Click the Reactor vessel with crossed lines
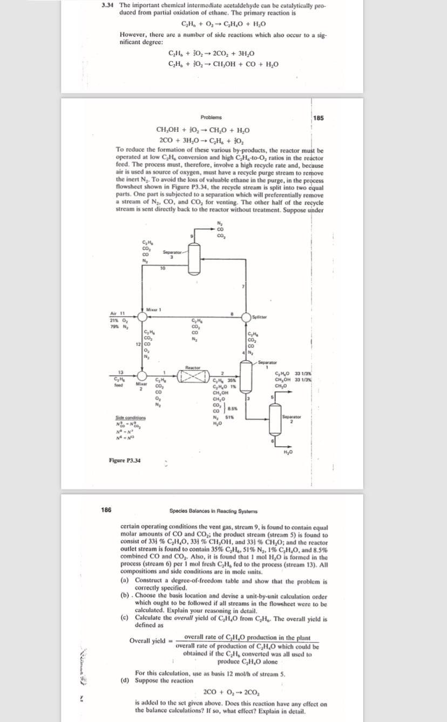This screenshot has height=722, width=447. click(193, 374)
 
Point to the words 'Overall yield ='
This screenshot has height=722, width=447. click(150, 641)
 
